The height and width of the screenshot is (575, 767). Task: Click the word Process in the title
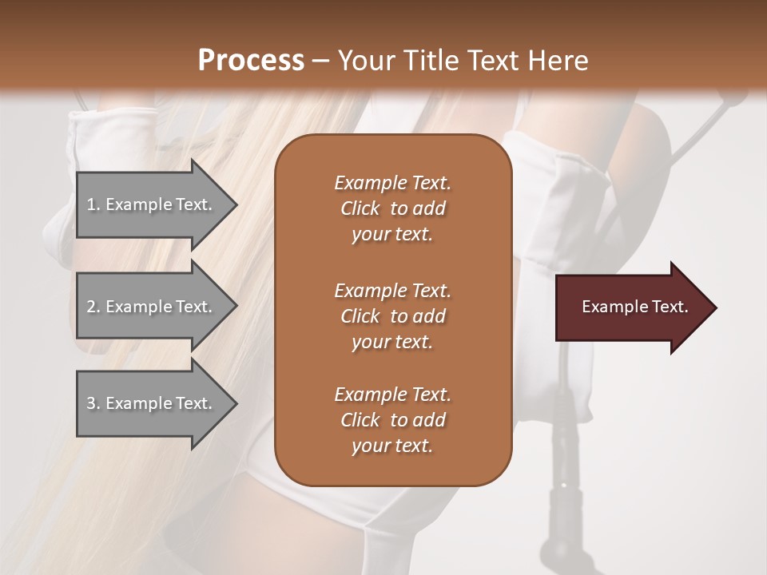pyautogui.click(x=251, y=61)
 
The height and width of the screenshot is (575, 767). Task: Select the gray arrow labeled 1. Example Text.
pyautogui.click(x=152, y=204)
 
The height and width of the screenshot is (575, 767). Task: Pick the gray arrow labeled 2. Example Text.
pyautogui.click(x=152, y=307)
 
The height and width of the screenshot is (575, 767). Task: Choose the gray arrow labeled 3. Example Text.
pyautogui.click(x=152, y=403)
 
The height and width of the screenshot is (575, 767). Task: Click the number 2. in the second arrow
pyautogui.click(x=93, y=307)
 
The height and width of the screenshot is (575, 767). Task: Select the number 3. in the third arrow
pyautogui.click(x=93, y=403)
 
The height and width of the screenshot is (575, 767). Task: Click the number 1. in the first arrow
pyautogui.click(x=93, y=204)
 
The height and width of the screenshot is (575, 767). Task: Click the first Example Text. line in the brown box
pyautogui.click(x=392, y=183)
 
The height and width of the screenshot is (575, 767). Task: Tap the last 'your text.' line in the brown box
pyautogui.click(x=392, y=446)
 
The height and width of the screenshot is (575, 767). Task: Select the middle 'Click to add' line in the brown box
pyautogui.click(x=392, y=316)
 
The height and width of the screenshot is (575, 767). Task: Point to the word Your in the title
pyautogui.click(x=364, y=61)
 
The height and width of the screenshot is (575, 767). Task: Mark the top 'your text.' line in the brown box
pyautogui.click(x=392, y=234)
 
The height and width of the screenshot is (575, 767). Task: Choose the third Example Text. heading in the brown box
pyautogui.click(x=392, y=395)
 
